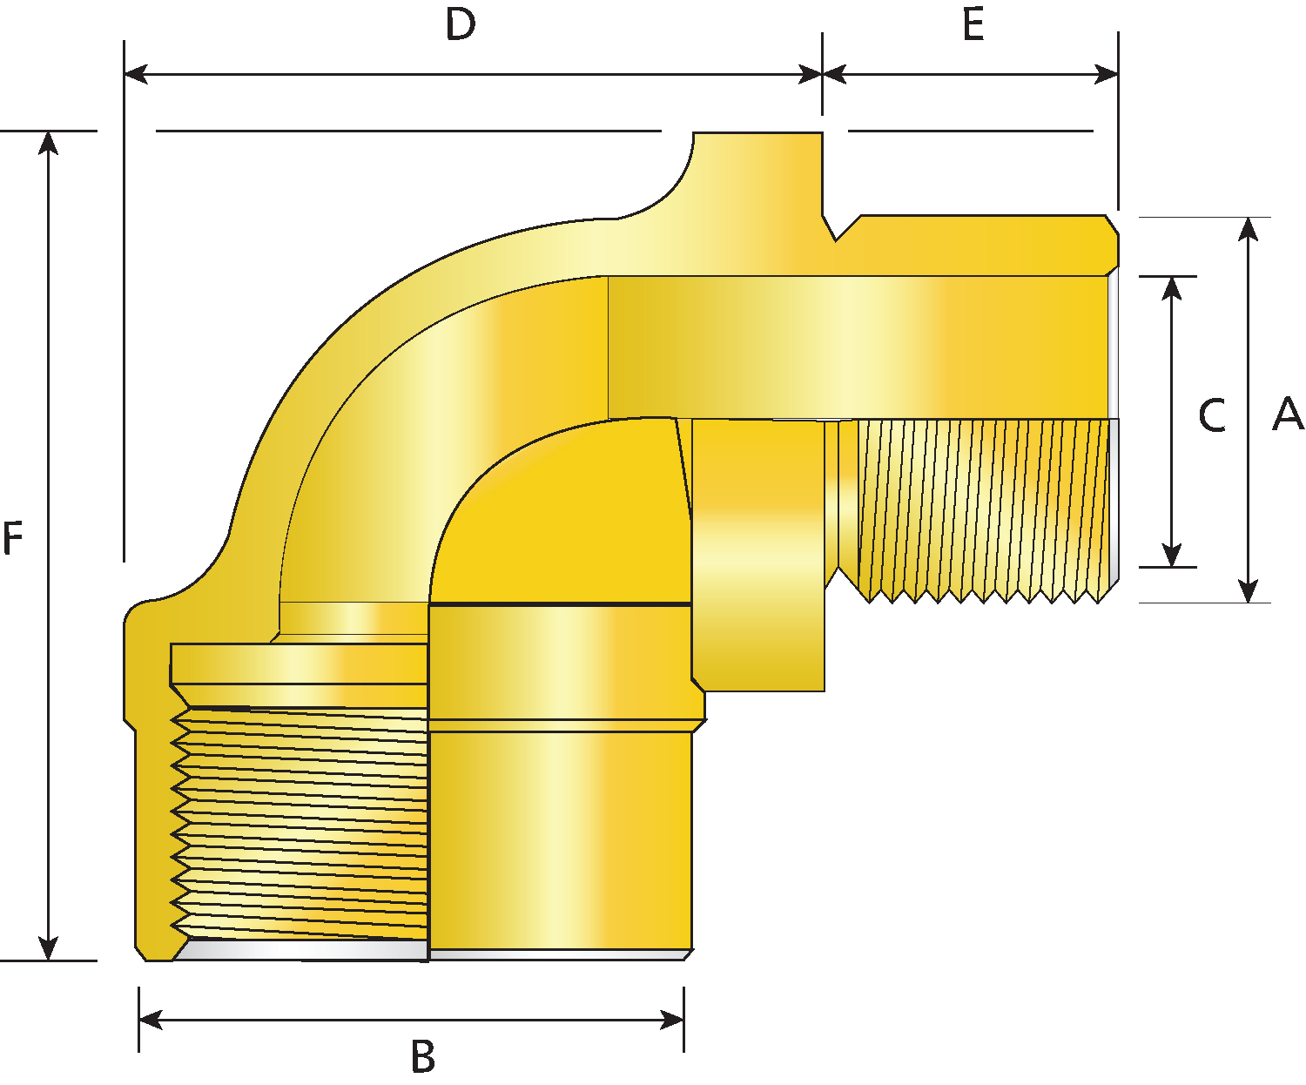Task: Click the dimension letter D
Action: tap(461, 25)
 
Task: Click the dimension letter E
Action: tap(973, 25)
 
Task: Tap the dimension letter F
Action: tap(12, 539)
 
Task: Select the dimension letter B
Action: tap(423, 1055)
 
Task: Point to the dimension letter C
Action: tap(1212, 415)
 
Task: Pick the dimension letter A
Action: tap(1288, 414)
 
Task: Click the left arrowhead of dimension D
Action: tap(136, 74)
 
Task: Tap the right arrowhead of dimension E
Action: tap(1106, 74)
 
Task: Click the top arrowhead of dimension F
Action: tap(48, 144)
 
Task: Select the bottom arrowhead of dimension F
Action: tap(48, 948)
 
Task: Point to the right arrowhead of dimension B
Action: tap(672, 1020)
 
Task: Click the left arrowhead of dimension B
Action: tap(151, 1020)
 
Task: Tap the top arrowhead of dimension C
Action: tap(1171, 288)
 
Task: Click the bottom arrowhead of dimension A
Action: tap(1248, 591)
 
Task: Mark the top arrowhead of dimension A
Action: tap(1248, 229)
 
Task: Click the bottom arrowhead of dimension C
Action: tap(1171, 556)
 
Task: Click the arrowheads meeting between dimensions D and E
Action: tap(822, 74)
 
